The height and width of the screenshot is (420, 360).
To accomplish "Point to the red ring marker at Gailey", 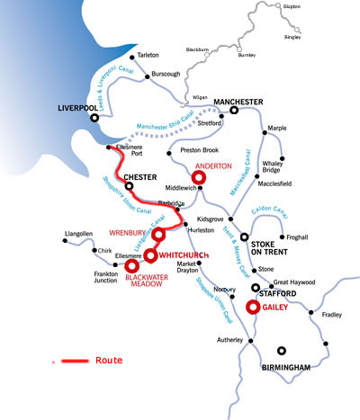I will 253,307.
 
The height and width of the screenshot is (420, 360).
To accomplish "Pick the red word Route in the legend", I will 108,360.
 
